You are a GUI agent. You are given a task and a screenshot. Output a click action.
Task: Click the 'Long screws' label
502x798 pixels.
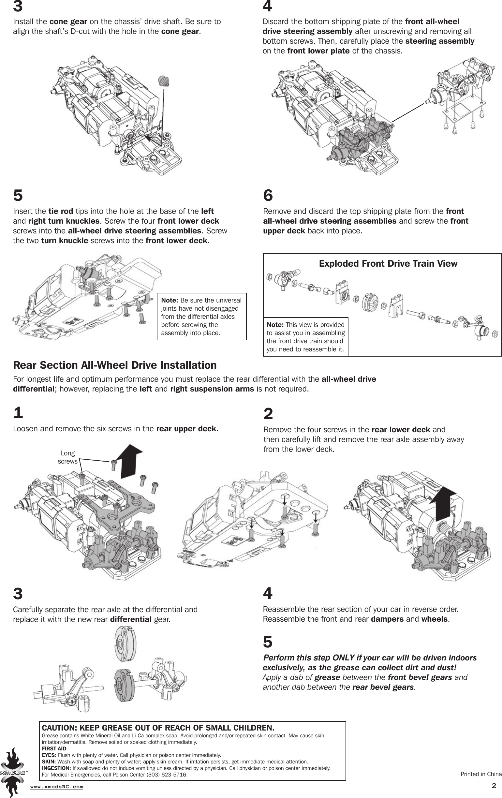click(x=67, y=457)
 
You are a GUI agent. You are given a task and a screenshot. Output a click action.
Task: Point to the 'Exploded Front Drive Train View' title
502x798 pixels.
click(x=388, y=263)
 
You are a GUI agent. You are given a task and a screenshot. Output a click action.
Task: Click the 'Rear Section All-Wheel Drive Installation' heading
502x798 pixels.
click(x=115, y=365)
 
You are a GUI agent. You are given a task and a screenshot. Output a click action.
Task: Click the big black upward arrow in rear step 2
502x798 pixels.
click(x=444, y=504)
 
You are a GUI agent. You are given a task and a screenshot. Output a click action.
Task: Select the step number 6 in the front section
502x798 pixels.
click(x=268, y=196)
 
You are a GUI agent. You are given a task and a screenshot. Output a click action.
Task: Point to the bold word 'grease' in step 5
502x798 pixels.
click(x=327, y=677)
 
